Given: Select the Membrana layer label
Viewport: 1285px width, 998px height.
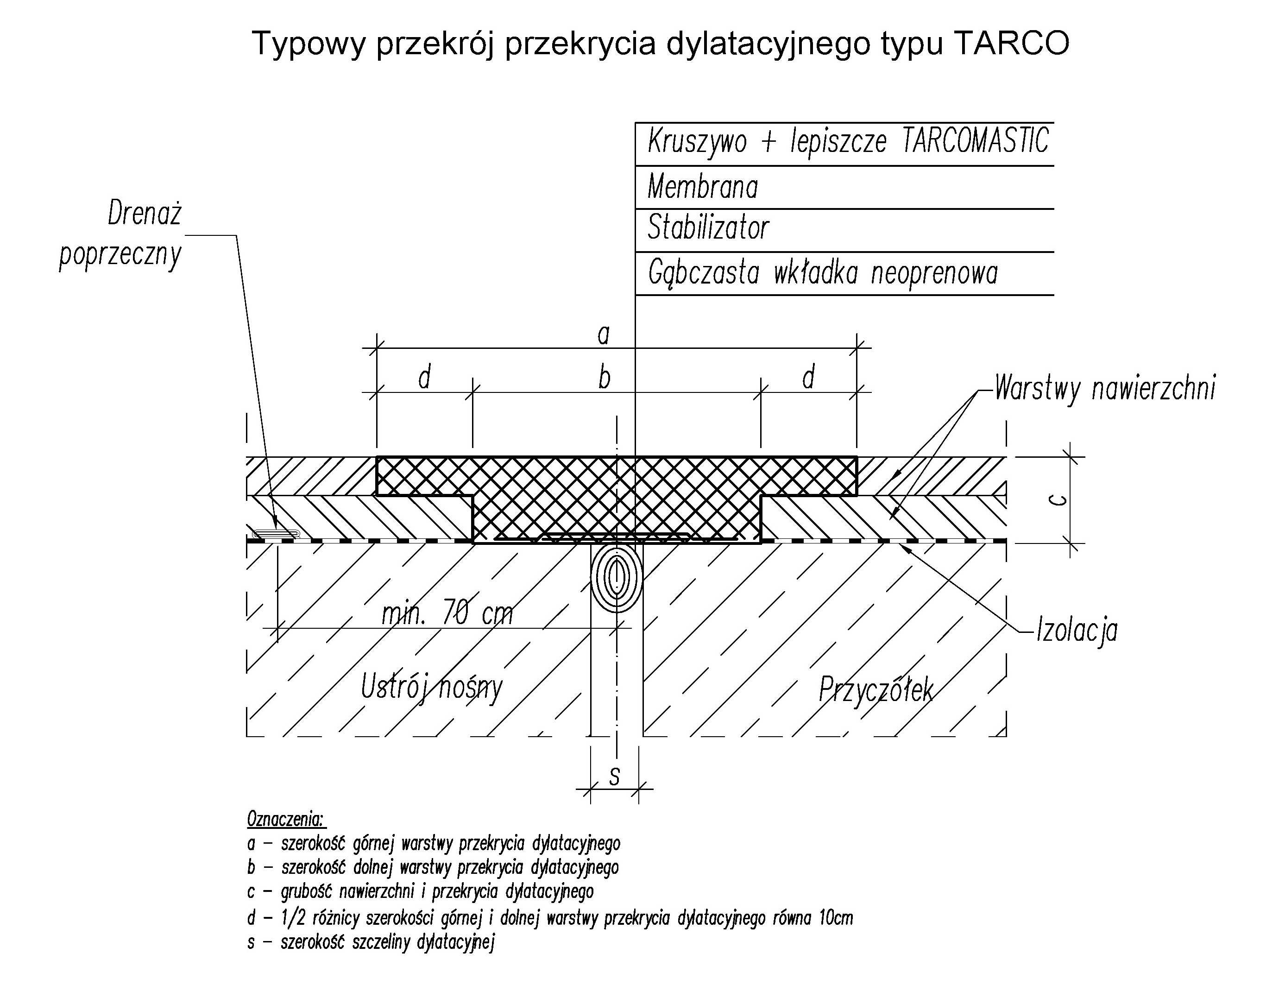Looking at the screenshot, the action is click(x=703, y=187).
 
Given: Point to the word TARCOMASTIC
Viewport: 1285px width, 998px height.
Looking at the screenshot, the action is click(x=976, y=141).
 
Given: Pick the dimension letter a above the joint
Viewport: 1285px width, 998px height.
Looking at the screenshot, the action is click(x=604, y=335).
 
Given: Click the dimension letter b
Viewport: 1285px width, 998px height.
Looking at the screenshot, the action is click(x=604, y=377).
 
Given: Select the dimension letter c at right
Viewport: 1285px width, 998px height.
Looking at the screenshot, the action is click(x=1058, y=500).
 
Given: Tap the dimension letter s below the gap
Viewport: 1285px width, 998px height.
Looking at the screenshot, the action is click(x=614, y=777).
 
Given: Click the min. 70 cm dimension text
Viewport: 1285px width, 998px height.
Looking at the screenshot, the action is click(x=447, y=613).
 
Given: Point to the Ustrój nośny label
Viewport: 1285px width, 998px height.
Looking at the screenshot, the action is click(x=432, y=687).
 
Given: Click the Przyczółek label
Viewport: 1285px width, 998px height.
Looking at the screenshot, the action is click(x=876, y=689).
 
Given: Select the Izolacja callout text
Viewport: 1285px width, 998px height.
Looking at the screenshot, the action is click(x=1076, y=631).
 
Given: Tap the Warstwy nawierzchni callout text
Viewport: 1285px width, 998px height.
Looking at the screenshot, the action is click(x=1104, y=388).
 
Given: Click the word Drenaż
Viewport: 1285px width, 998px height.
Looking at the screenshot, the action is click(x=145, y=213).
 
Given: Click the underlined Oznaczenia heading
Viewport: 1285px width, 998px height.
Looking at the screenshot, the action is click(x=286, y=819).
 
